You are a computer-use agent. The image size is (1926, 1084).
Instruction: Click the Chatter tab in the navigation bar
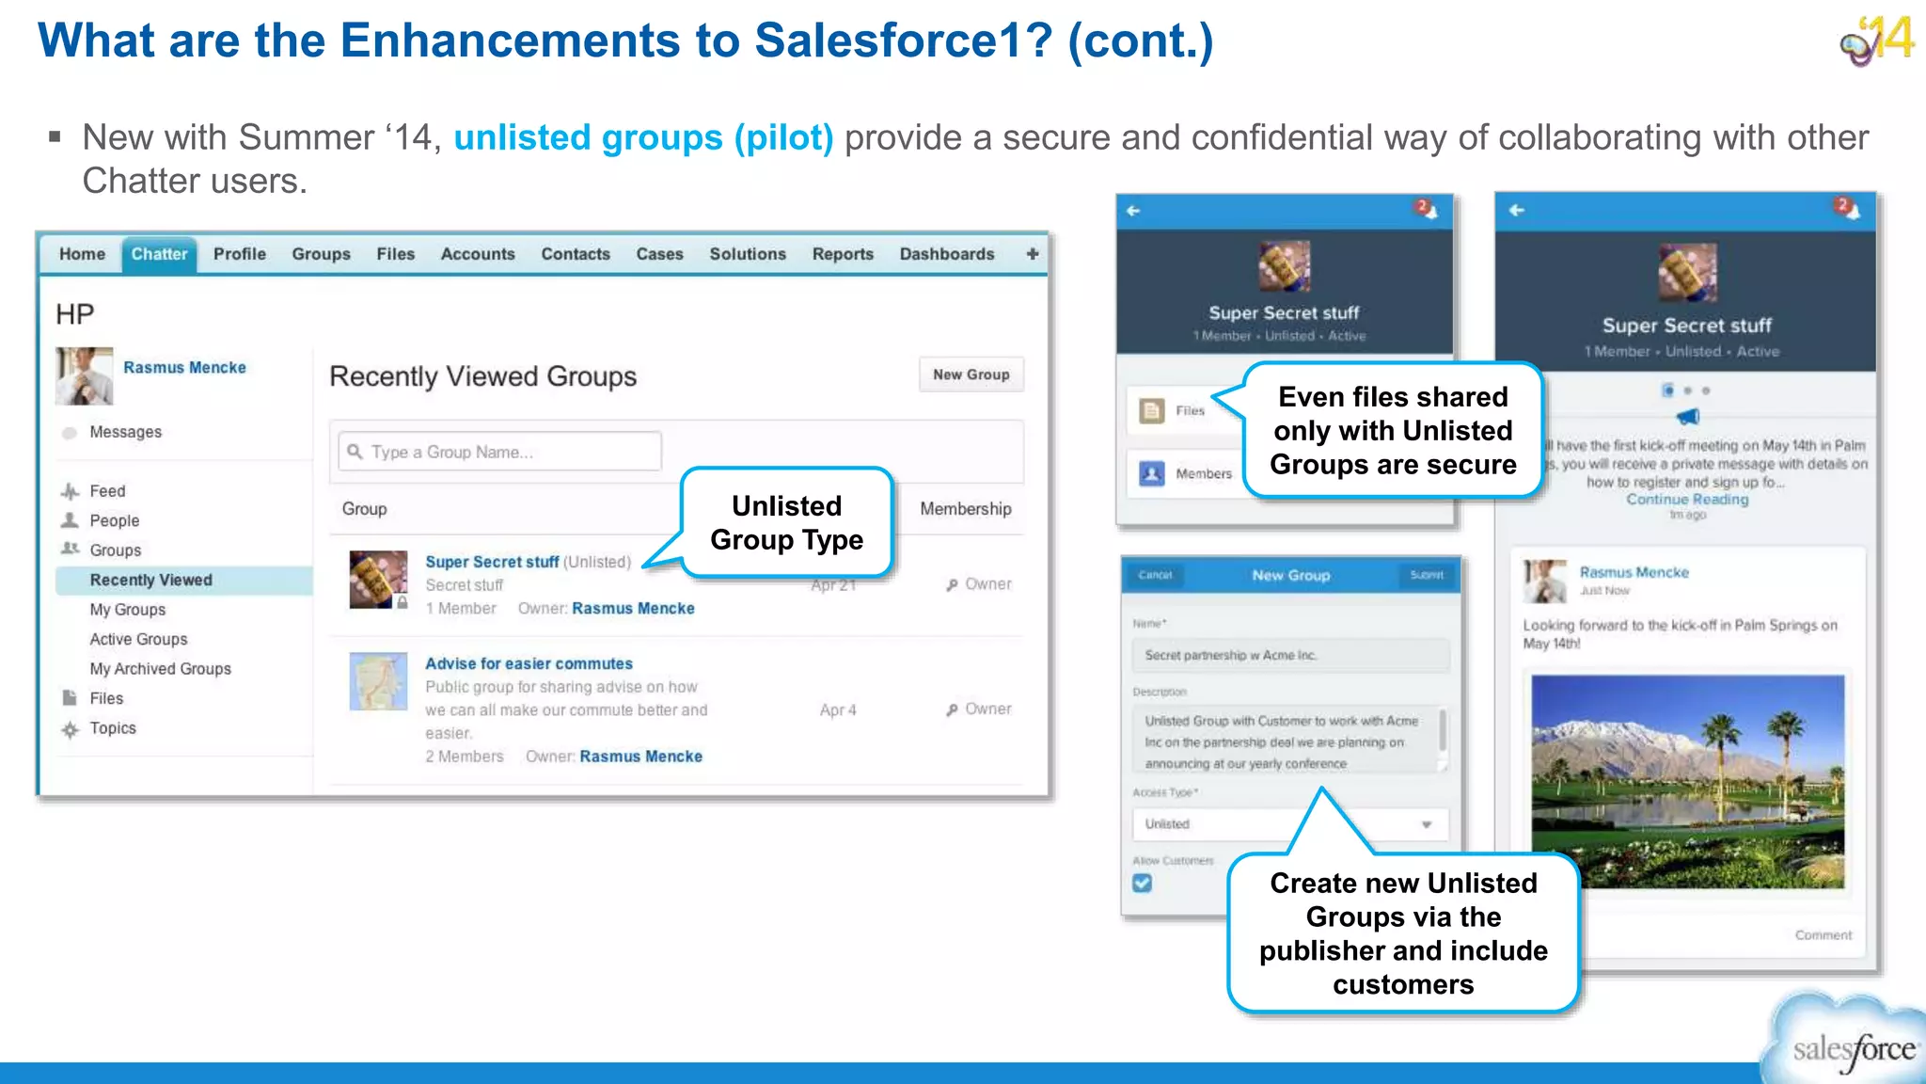(159, 254)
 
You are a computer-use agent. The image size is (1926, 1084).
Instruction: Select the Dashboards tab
(946, 254)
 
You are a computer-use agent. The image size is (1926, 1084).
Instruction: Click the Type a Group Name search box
(500, 452)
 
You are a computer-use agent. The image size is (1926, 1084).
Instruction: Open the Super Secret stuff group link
(492, 562)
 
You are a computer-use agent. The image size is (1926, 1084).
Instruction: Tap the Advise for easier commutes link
(529, 663)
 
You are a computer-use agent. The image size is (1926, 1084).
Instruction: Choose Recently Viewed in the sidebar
(151, 580)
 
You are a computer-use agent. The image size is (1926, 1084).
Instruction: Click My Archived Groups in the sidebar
(160, 668)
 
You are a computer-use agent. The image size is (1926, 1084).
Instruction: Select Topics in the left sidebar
(113, 727)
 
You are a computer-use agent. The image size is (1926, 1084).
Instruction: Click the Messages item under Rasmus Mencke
(125, 432)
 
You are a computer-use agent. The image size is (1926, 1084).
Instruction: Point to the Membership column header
(965, 508)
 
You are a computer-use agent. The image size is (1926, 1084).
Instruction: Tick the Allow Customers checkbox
(1143, 883)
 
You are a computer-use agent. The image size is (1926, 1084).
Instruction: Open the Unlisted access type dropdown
(1289, 823)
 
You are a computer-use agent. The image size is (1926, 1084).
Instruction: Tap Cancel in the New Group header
(1156, 575)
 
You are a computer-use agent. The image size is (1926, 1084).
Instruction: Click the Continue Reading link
(1687, 500)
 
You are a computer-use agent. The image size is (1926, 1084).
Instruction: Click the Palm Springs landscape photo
(1687, 781)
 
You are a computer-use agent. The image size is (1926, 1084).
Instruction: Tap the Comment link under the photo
(1823, 934)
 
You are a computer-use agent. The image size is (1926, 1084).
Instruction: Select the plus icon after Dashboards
(1033, 254)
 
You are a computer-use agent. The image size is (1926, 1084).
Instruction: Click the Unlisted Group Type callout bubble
(786, 522)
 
